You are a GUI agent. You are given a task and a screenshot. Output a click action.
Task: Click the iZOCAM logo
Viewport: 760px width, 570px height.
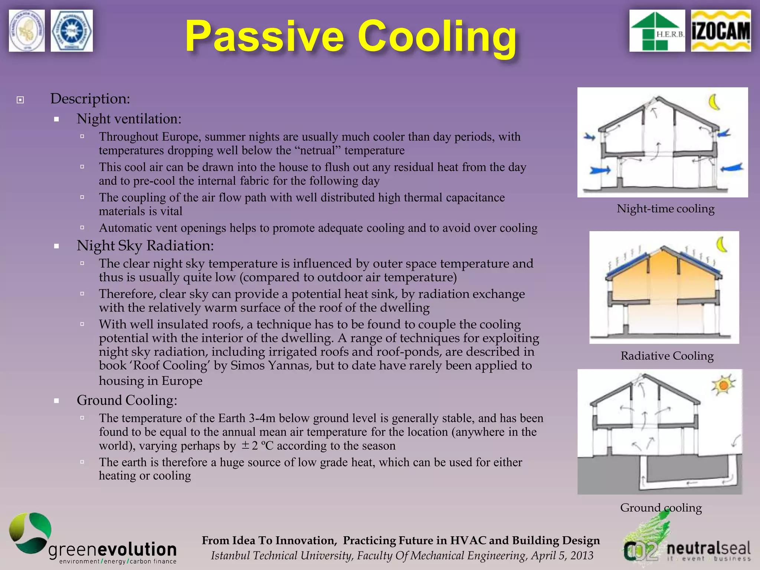pos(721,31)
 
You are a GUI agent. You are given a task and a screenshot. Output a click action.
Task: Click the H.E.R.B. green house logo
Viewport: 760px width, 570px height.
pos(657,31)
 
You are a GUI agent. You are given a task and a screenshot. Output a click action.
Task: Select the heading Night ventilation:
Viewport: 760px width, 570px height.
pos(129,119)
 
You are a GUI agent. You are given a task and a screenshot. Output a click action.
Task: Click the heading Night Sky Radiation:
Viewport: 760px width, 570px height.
pos(145,246)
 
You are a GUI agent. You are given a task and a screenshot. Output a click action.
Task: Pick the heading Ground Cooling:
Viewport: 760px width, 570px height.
pos(127,400)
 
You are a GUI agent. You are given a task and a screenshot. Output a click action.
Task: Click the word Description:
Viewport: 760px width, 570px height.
pos(90,99)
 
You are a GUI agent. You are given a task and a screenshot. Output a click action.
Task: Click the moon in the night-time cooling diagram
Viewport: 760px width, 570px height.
pos(714,102)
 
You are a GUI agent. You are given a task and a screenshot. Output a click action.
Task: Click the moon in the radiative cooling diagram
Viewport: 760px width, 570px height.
pos(721,245)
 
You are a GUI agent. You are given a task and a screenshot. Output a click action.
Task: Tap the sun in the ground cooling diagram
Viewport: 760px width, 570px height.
pos(723,386)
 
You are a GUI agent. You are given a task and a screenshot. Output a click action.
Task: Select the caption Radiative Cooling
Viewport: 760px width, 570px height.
pos(667,356)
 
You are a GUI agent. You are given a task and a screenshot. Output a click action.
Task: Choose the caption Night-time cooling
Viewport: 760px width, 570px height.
pos(665,209)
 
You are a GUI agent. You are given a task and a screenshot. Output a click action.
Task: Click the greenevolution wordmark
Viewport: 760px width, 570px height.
pos(112,550)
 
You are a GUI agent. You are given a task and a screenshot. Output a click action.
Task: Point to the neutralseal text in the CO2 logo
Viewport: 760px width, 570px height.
pos(708,548)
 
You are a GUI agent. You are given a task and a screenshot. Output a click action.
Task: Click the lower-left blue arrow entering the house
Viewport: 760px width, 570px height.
pos(600,171)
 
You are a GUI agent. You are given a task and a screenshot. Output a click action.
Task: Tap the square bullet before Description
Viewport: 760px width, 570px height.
pos(20,100)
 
